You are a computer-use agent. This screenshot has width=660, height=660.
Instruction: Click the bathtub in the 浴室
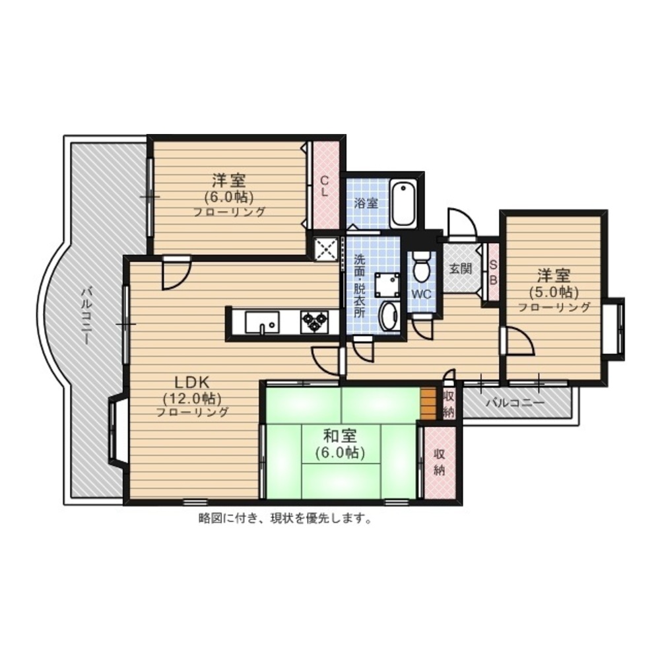tap(403, 204)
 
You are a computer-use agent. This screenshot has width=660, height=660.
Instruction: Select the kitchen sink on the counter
tap(262, 322)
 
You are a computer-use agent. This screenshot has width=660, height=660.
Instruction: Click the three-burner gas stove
tap(314, 321)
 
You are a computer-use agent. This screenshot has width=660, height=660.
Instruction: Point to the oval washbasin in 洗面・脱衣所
tap(389, 315)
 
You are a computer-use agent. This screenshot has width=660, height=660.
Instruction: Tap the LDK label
tap(192, 382)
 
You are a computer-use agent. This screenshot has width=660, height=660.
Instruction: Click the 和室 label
tap(340, 436)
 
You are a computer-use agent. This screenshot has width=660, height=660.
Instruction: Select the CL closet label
tap(325, 186)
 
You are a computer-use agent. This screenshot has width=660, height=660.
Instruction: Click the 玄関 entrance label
tap(461, 269)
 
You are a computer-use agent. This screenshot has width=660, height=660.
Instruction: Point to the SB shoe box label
tap(493, 273)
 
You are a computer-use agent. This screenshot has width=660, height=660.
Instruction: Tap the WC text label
tap(421, 294)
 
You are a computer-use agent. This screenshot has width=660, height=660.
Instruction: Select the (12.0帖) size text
tap(192, 397)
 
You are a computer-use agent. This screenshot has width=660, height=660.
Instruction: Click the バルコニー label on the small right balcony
tap(515, 403)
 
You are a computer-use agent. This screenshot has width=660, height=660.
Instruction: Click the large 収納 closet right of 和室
tap(440, 462)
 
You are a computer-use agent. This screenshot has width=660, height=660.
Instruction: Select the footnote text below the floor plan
tap(285, 519)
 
